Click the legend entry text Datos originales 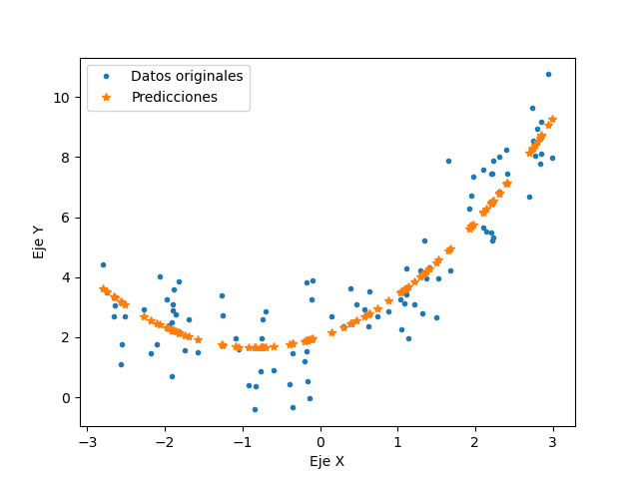click(x=187, y=76)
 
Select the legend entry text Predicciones click(x=174, y=97)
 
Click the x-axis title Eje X click(x=326, y=461)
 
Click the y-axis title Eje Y click(x=38, y=241)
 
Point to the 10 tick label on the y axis click(x=62, y=98)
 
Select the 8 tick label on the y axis click(x=66, y=158)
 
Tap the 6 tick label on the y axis click(x=66, y=218)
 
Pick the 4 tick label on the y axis click(x=66, y=277)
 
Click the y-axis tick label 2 click(x=66, y=337)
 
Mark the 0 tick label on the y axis click(x=66, y=397)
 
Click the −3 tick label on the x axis click(x=87, y=440)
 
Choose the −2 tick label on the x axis click(x=165, y=440)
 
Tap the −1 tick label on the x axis click(x=243, y=440)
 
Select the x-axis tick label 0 click(x=320, y=440)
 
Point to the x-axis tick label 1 click(x=397, y=440)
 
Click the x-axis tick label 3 click(x=553, y=440)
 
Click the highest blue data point click(x=548, y=74)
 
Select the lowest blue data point click(x=255, y=409)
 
